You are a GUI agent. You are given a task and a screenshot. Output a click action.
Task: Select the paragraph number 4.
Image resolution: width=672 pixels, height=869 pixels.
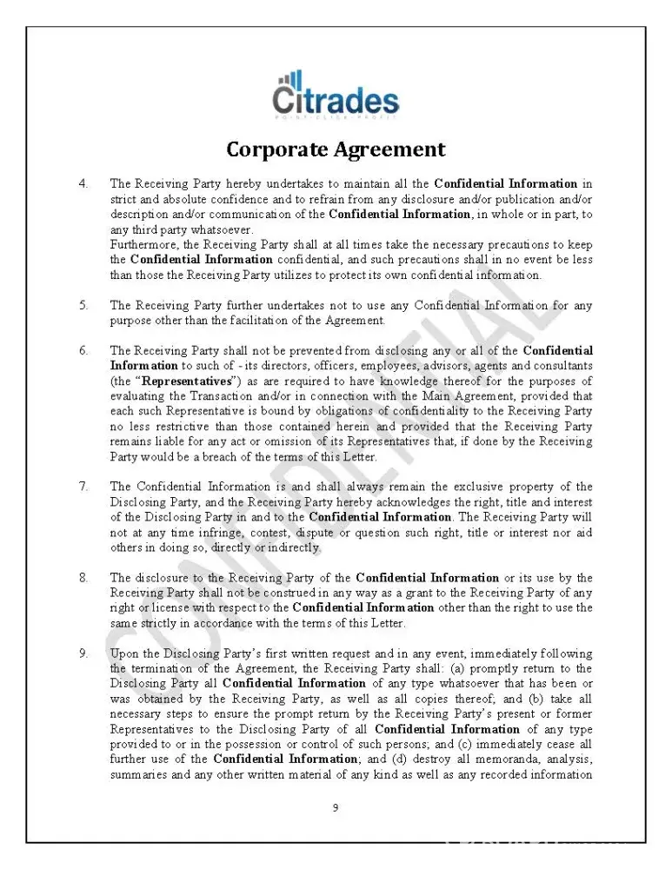83,184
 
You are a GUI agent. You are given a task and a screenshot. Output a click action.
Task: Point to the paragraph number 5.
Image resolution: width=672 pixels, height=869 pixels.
83,306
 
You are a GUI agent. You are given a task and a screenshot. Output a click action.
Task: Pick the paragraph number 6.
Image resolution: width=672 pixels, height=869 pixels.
83,351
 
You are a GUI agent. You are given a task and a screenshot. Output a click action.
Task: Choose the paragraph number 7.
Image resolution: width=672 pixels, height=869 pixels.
83,488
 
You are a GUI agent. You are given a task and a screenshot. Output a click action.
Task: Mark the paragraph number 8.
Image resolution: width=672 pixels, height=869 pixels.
83,578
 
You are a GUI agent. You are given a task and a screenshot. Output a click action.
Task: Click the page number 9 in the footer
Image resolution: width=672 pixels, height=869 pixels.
336,808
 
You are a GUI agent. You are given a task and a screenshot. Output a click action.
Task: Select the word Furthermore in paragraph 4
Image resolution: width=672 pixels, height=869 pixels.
141,245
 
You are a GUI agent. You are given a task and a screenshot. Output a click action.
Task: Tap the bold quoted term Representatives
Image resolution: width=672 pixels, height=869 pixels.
186,381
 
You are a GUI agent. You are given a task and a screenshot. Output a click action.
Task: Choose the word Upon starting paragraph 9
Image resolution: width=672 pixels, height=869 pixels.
125,653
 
